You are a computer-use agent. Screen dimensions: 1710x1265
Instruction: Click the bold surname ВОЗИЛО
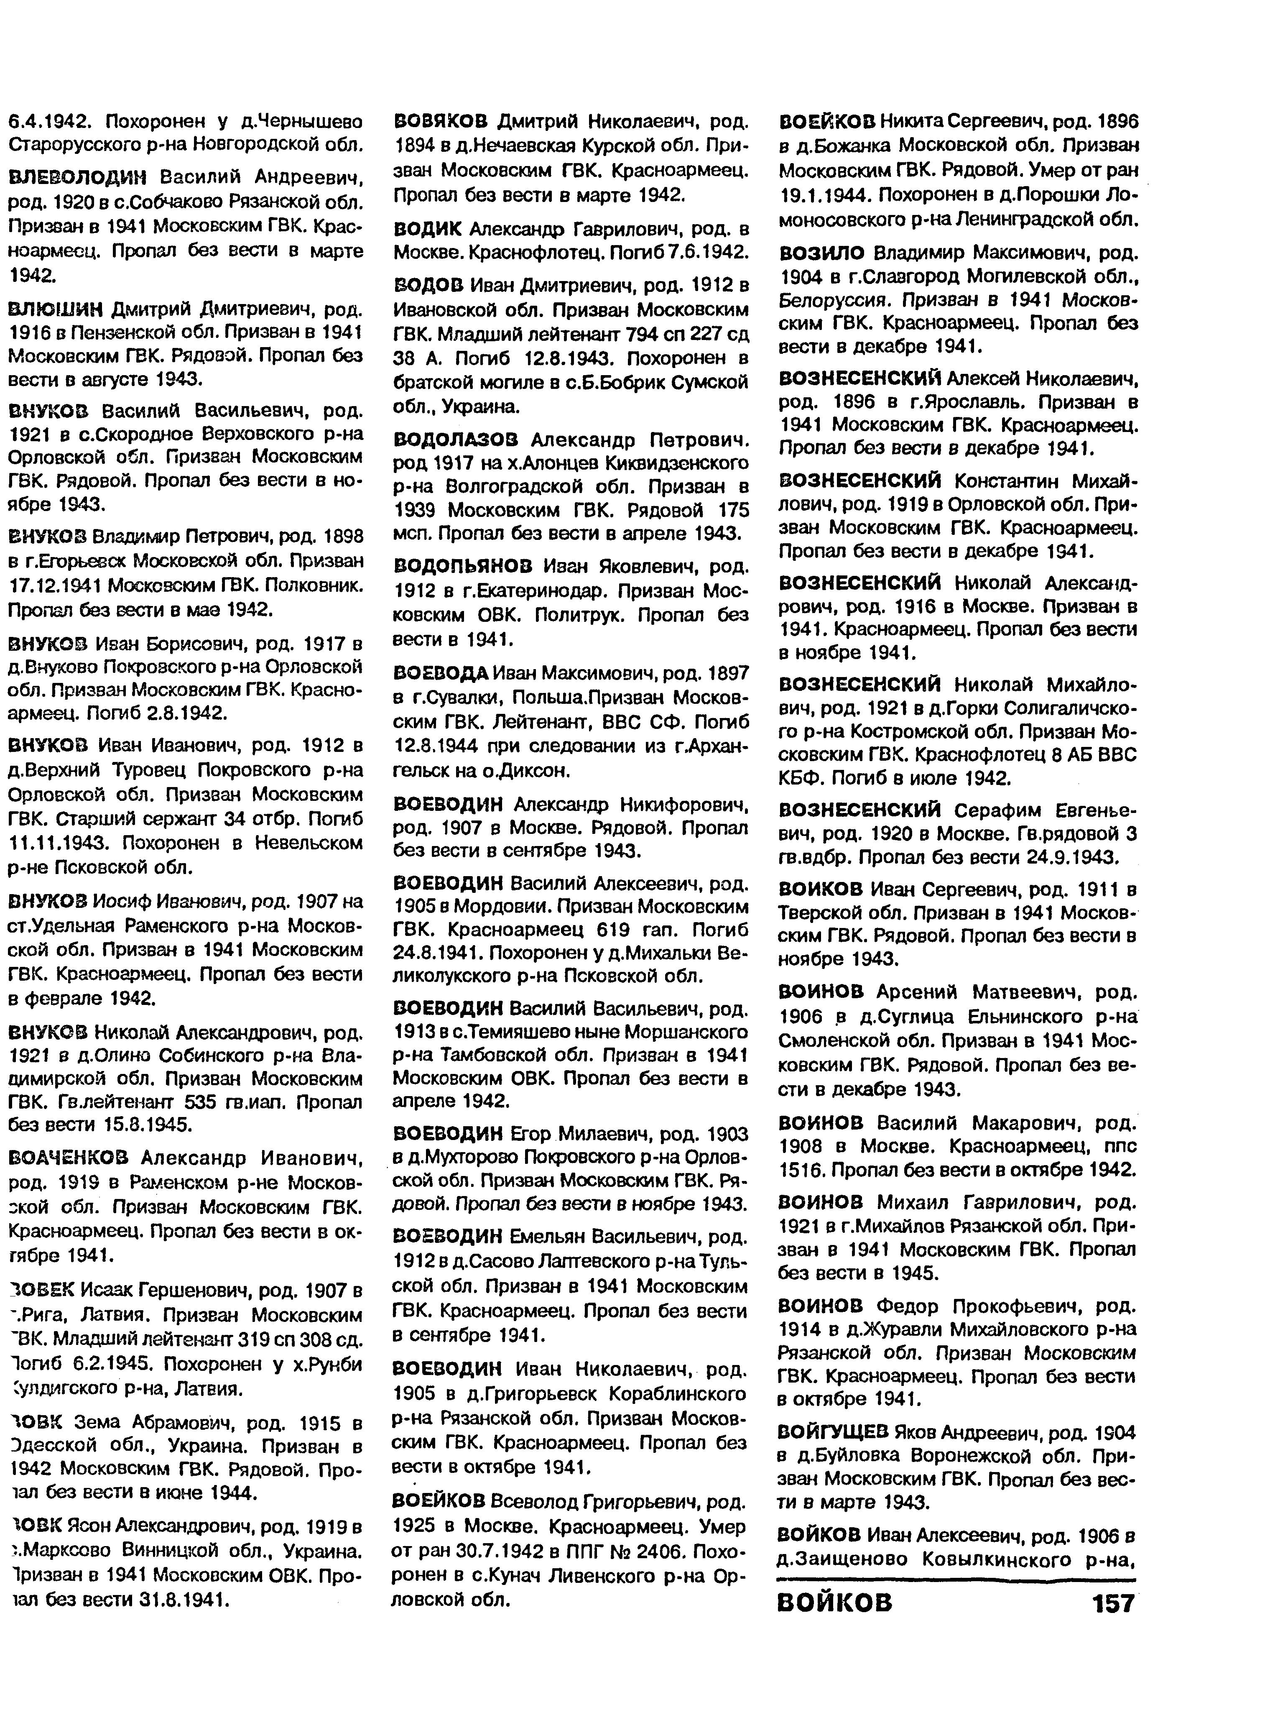[821, 253]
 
